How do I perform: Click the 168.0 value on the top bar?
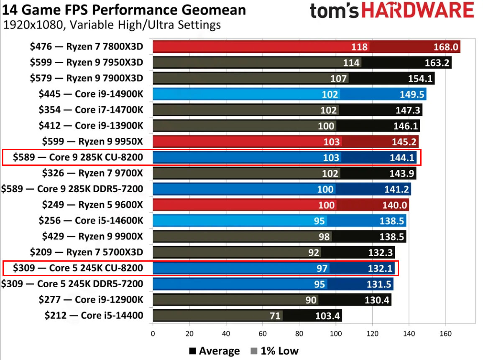click(x=446, y=46)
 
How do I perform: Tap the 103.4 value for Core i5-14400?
click(x=328, y=316)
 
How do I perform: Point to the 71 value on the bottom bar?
click(x=275, y=316)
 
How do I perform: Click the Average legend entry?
click(x=215, y=351)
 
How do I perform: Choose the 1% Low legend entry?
click(x=274, y=351)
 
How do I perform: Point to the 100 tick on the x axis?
click(x=335, y=334)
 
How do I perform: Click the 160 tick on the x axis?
click(x=445, y=334)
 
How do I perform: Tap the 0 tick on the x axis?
click(x=153, y=334)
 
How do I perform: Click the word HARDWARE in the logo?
click(x=418, y=11)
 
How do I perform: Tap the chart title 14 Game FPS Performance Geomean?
click(x=124, y=10)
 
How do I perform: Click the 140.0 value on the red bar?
click(x=394, y=205)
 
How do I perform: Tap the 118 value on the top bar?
click(x=360, y=46)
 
